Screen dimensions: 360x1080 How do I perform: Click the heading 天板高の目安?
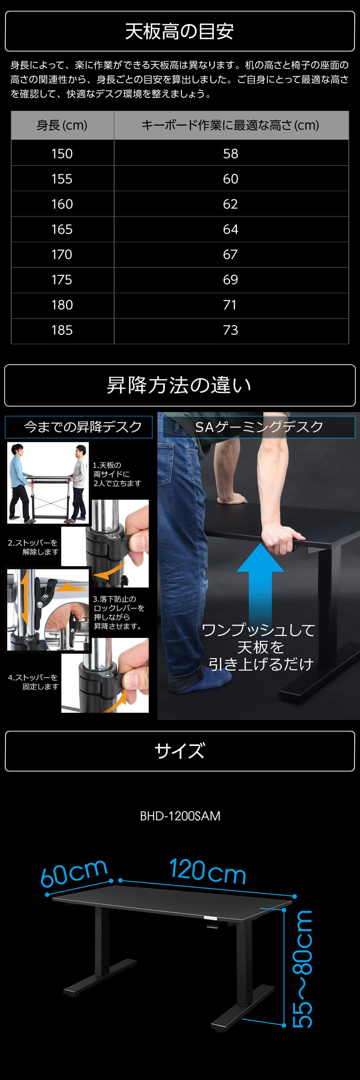coord(179,31)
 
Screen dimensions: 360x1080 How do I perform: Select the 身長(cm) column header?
coord(62,125)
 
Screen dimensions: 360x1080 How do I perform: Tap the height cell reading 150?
coord(62,153)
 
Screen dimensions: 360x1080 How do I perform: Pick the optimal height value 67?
coord(230,255)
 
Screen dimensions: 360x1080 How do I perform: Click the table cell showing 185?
coord(62,330)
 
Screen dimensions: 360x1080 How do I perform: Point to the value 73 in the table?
coord(230,330)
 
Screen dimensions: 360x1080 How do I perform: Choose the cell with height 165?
coord(62,229)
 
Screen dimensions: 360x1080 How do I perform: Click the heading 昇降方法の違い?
coord(179,385)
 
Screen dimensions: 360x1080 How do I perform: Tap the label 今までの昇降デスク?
coord(83,427)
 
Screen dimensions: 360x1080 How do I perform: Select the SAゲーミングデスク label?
coord(259,427)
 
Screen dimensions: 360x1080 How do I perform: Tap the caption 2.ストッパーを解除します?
coord(33,547)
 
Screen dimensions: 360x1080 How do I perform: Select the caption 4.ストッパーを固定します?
coord(33,682)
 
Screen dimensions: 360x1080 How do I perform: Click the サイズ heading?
coord(179,751)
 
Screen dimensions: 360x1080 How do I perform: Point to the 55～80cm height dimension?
coord(302,969)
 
